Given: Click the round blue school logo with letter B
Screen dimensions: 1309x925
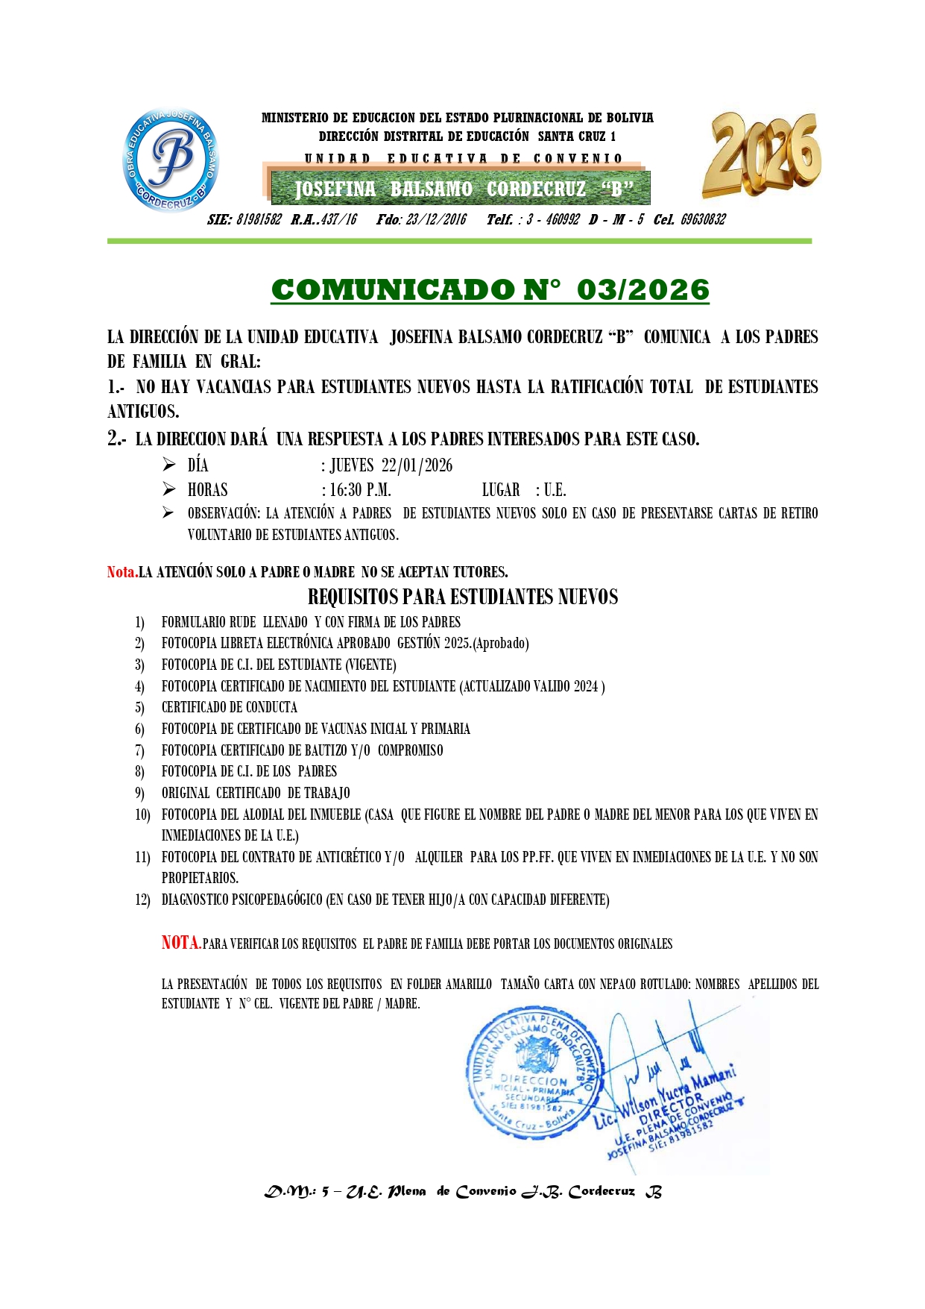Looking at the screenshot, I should pos(171,160).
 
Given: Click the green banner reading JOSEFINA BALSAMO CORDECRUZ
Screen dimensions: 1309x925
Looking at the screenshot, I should pos(460,189).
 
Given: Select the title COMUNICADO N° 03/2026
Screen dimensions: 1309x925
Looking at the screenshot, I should pos(490,290).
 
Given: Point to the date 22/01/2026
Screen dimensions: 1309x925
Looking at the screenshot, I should pos(417,465).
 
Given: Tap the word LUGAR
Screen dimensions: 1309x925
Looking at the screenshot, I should pos(500,490).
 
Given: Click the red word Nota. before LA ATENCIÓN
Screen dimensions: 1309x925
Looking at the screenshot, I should pos(122,572).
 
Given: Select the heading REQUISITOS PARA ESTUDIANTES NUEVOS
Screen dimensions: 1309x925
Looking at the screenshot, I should pos(462,597).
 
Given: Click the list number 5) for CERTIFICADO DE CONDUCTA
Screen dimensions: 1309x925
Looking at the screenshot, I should pos(139,707).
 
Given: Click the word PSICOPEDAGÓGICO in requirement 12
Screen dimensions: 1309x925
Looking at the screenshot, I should pos(277,900).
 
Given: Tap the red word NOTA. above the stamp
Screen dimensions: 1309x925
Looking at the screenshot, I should pos(181,943).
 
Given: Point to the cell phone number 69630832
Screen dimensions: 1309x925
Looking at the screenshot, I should pos(702,219).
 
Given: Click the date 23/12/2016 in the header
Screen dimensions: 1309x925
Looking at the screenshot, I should pos(436,219).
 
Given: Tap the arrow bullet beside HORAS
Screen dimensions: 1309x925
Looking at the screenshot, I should pos(169,489).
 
